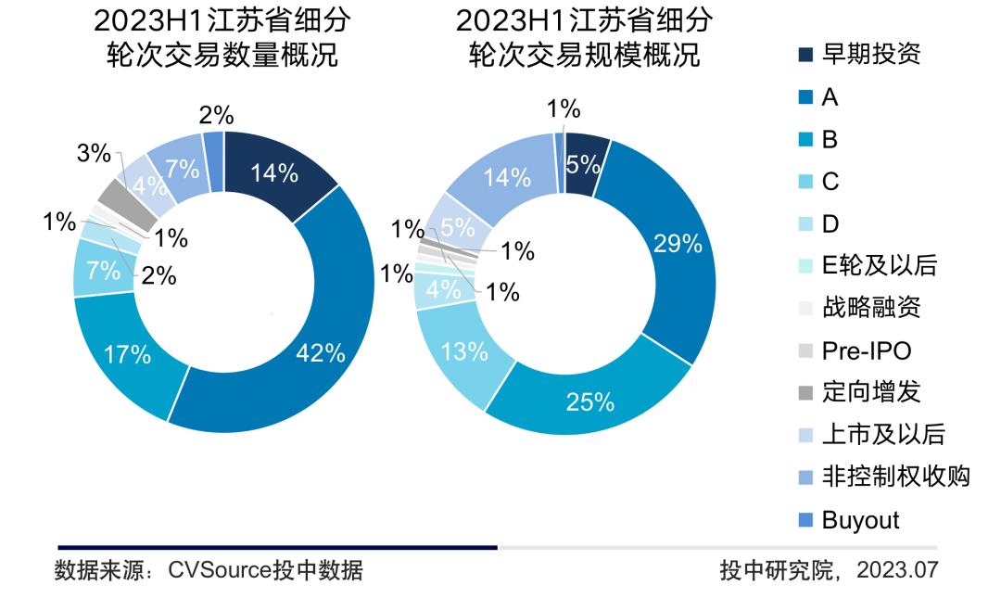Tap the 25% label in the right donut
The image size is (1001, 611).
tap(591, 401)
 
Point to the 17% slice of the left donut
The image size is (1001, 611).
tap(128, 353)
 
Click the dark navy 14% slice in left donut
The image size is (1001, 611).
tap(275, 173)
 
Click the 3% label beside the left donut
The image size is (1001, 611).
tap(94, 154)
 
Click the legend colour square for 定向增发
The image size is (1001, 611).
tap(805, 393)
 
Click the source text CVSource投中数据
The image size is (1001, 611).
tap(265, 570)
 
